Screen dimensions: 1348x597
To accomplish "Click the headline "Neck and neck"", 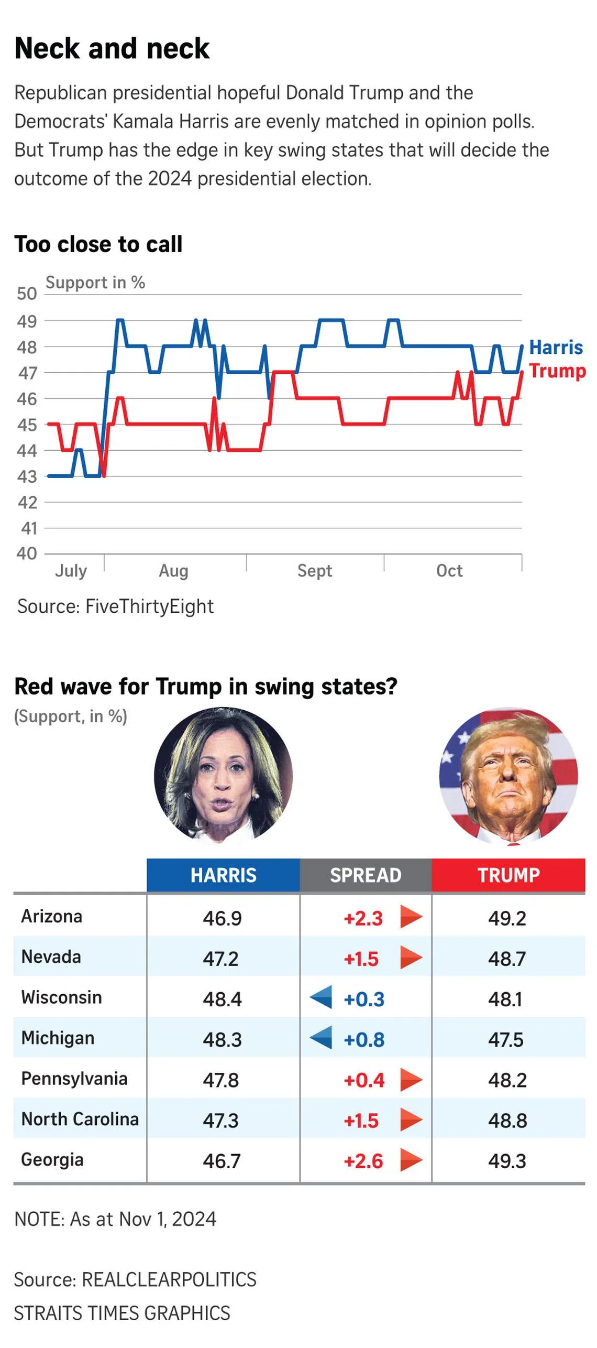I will [x=112, y=49].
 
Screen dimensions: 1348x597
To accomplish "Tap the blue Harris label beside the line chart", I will [x=556, y=347].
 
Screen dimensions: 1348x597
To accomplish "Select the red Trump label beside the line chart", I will [x=557, y=371].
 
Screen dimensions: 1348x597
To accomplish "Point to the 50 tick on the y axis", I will [x=27, y=293].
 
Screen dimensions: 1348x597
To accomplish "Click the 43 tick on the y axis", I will [x=27, y=476].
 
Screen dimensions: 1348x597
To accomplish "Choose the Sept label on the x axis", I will [x=314, y=570].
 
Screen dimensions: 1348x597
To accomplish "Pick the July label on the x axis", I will [x=71, y=570].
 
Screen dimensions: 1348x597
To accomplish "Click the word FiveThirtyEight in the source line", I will [x=149, y=606].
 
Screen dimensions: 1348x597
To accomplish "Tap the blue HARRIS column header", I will [x=223, y=875].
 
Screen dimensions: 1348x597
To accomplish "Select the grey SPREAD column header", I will [x=366, y=875].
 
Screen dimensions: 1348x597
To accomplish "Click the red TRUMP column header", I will [x=508, y=875].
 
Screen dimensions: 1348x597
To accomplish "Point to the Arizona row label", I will [x=51, y=916].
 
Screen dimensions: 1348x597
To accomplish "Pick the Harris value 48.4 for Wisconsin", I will [x=222, y=999].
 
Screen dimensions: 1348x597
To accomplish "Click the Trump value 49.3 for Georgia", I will [x=506, y=1161].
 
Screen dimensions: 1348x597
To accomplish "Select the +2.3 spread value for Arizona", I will [x=363, y=918].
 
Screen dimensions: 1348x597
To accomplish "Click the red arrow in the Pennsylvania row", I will [x=411, y=1080].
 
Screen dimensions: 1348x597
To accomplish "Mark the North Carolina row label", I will [x=80, y=1119].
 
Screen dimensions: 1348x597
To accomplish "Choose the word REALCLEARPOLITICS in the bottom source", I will [x=169, y=1279].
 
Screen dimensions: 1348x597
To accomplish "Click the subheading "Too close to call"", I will [x=98, y=244].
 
